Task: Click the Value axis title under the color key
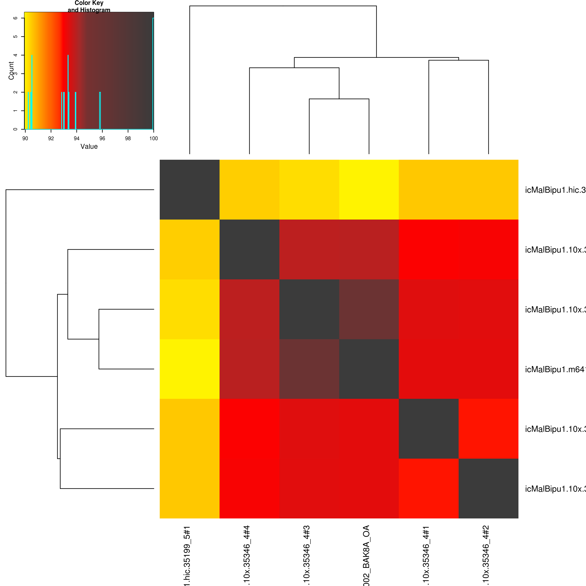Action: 89,146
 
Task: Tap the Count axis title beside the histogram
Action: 11,70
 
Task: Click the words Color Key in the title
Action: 89,3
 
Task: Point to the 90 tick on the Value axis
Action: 25,138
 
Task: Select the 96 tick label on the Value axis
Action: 102,138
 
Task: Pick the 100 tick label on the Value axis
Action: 153,138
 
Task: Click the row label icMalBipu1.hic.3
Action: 555,190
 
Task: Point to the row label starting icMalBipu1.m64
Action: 555,370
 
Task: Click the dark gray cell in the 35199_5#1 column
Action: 190,190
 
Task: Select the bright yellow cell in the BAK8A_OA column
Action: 369,190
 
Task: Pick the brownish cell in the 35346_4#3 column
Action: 309,369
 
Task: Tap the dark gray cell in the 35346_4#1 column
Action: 429,429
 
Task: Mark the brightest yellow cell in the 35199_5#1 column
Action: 190,369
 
